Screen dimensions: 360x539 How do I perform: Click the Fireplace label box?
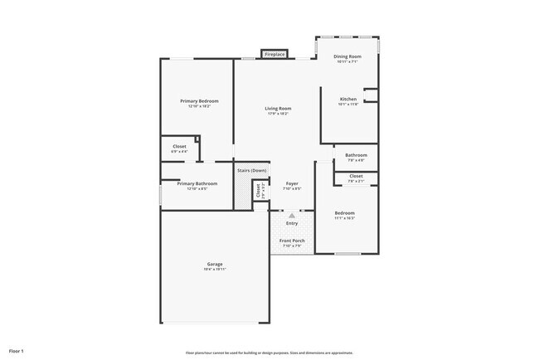coord(274,55)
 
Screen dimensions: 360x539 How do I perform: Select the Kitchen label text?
coord(347,99)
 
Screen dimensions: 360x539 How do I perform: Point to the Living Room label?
coord(278,109)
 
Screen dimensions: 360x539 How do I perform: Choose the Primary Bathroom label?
coord(197,183)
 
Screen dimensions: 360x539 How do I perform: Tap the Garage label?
coord(214,265)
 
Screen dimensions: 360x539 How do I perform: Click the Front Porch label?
coord(293,241)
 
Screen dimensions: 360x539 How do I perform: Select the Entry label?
coord(292,223)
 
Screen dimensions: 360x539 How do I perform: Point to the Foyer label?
coord(292,183)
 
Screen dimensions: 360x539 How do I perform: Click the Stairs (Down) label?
coord(252,170)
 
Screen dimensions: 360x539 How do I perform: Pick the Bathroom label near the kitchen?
coord(357,155)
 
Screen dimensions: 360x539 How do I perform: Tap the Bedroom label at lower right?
coord(345,213)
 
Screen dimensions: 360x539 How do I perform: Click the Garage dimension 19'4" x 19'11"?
coord(214,270)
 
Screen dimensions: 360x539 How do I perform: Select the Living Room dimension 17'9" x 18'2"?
coord(278,114)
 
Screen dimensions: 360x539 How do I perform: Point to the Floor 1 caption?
coord(17,352)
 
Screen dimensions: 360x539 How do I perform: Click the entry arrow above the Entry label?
coord(292,215)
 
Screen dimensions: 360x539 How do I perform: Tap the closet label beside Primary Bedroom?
coord(179,147)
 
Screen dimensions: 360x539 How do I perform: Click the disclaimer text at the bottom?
coord(269,353)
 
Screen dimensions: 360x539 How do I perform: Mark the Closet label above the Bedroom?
coord(356,176)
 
